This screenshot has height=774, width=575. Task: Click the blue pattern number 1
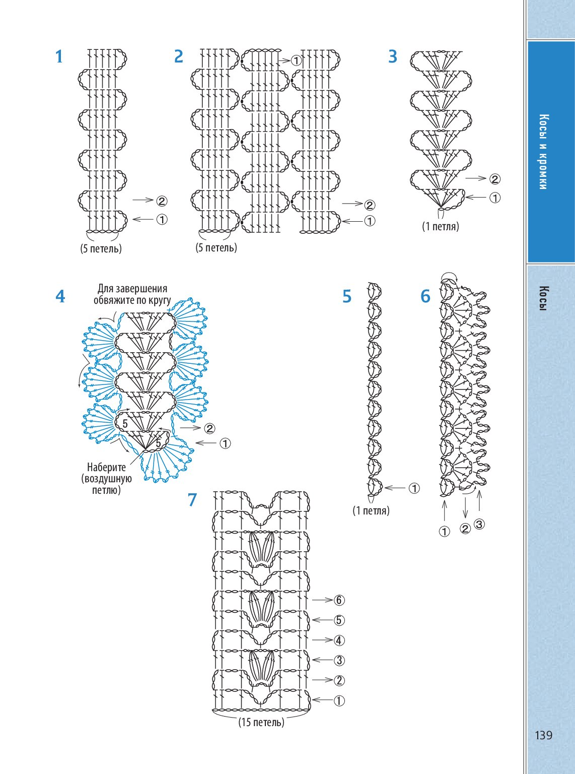point(59,56)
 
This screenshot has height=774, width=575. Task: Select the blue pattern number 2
point(178,56)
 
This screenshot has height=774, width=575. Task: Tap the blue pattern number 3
point(393,56)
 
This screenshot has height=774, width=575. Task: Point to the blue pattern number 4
point(60,296)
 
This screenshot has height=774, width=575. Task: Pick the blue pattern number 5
point(346,296)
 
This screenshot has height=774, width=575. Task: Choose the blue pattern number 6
point(425,296)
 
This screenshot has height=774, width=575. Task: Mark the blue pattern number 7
point(192,500)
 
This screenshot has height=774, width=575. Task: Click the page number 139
point(543,735)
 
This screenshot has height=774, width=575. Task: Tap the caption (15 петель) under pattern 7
point(261,722)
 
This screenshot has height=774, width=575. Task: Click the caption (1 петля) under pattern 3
point(441,226)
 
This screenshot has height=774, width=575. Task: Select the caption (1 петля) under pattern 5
point(371,510)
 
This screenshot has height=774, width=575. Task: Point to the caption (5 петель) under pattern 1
point(101,248)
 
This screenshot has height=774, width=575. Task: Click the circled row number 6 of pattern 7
point(339,600)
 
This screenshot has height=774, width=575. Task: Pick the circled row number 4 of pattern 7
point(339,640)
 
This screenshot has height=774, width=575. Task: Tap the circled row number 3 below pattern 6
point(479,524)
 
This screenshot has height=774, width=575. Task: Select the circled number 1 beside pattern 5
point(414,488)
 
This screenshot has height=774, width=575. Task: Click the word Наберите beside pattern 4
point(106,467)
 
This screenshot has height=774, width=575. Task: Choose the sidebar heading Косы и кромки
point(543,152)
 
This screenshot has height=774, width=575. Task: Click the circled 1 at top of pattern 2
point(296,61)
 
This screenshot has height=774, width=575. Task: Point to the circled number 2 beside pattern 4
point(209,428)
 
